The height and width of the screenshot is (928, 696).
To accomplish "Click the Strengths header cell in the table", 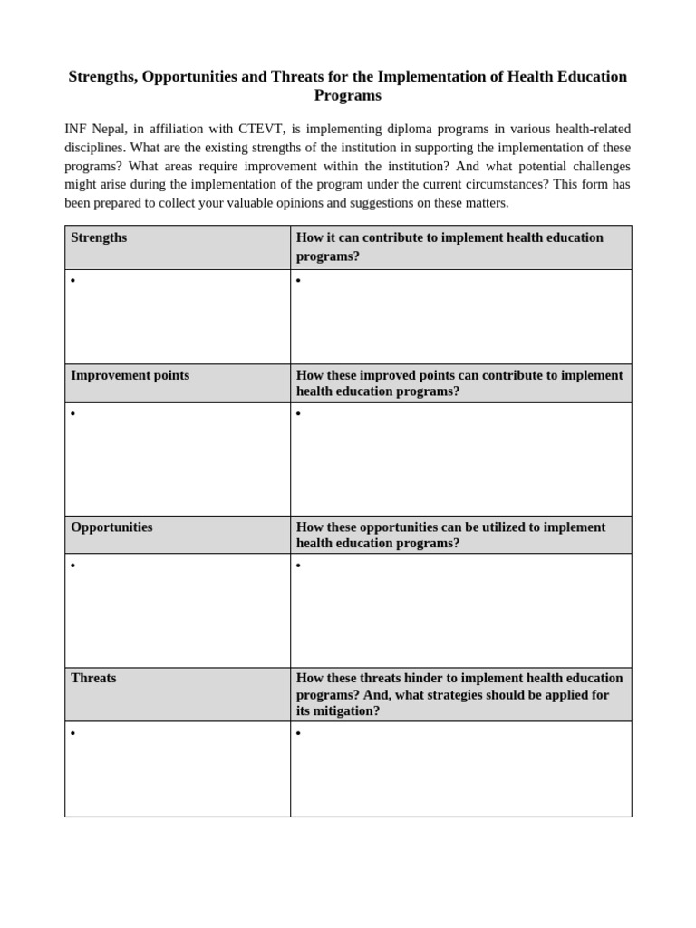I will click(x=99, y=237).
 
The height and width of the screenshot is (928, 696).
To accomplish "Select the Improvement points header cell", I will click(x=130, y=375).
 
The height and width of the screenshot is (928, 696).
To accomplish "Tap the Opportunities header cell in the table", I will click(x=111, y=527).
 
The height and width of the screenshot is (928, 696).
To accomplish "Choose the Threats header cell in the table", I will click(x=93, y=678).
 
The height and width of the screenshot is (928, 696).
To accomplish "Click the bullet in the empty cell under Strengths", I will click(x=72, y=281).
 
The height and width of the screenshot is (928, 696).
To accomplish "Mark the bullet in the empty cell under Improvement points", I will click(x=72, y=414).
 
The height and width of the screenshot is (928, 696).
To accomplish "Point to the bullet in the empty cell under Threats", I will click(x=72, y=732).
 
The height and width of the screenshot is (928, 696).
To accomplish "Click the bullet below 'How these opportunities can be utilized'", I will click(x=298, y=566).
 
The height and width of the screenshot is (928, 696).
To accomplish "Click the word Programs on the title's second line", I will click(x=347, y=95).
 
